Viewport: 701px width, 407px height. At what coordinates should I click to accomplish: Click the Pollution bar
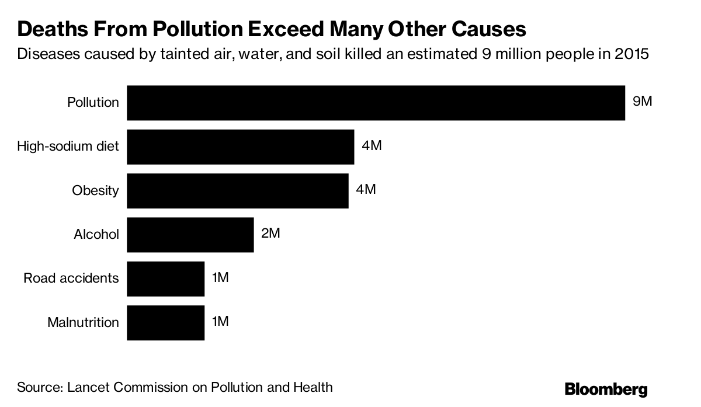pyautogui.click(x=376, y=103)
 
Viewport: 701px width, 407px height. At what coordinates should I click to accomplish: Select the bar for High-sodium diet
pyautogui.click(x=240, y=147)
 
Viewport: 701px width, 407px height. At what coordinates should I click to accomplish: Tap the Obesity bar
pyautogui.click(x=237, y=190)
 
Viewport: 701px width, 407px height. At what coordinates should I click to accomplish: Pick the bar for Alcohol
pyautogui.click(x=190, y=235)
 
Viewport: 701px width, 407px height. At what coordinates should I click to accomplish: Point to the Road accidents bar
pyautogui.click(x=165, y=279)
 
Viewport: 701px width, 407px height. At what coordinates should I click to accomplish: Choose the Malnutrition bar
pyautogui.click(x=165, y=322)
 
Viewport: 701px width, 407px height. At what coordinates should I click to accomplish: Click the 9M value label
pyautogui.click(x=642, y=102)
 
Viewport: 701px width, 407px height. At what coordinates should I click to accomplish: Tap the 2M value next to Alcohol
pyautogui.click(x=271, y=234)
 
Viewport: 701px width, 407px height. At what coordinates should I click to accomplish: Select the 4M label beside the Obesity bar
pyautogui.click(x=366, y=189)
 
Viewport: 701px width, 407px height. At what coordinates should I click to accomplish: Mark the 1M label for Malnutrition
pyautogui.click(x=220, y=321)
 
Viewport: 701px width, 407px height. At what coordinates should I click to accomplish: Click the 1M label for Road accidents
pyautogui.click(x=220, y=277)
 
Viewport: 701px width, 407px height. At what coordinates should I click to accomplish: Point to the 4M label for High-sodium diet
pyautogui.click(x=372, y=145)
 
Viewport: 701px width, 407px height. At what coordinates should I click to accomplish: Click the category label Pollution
pyautogui.click(x=93, y=103)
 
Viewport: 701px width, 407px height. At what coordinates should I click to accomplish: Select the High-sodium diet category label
pyautogui.click(x=68, y=147)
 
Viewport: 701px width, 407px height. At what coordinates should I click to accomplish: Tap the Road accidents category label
pyautogui.click(x=71, y=279)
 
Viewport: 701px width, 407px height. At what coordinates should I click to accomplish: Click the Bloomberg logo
pyautogui.click(x=606, y=389)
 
